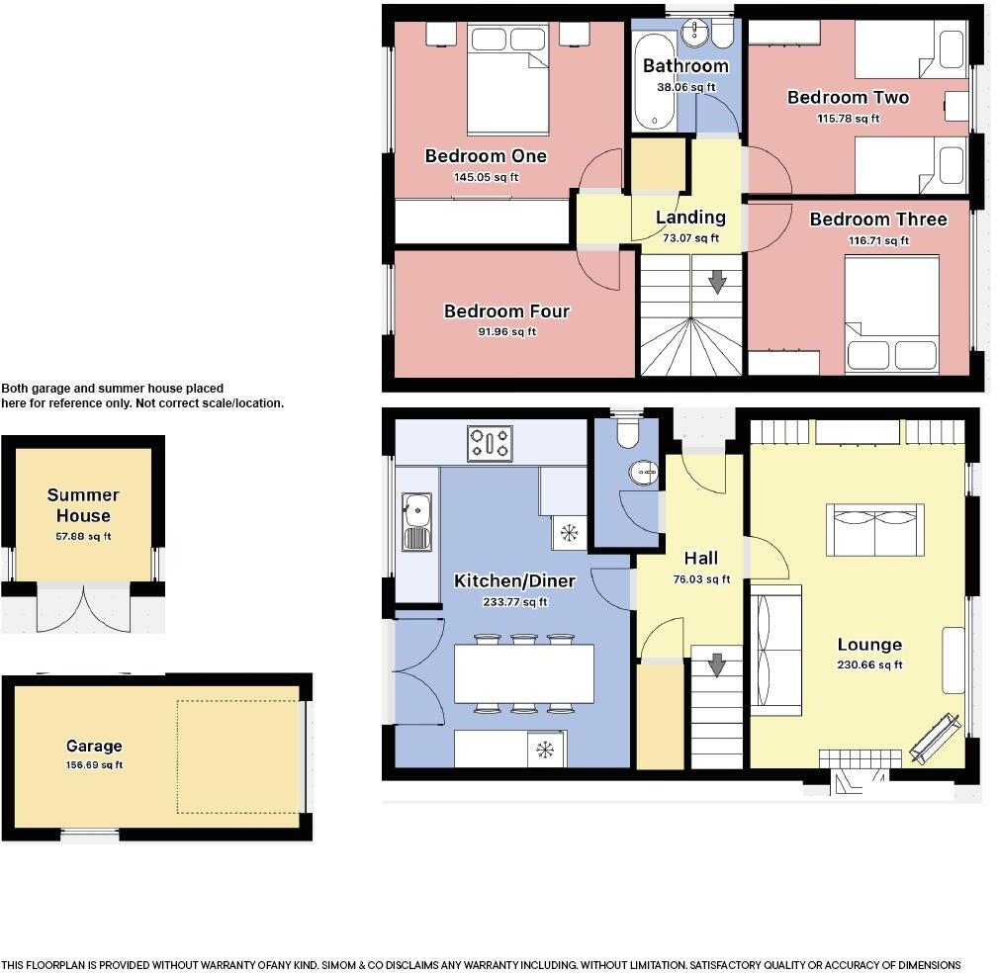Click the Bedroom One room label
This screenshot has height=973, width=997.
[485, 156]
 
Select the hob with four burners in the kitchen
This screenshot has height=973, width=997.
[490, 443]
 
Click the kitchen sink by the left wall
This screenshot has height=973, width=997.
[415, 520]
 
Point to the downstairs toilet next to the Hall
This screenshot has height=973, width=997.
[626, 435]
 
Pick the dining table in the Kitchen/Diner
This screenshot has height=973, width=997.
[524, 672]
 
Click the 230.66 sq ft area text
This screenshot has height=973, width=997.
[869, 665]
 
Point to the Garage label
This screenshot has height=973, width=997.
[94, 747]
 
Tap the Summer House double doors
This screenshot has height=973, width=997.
[84, 608]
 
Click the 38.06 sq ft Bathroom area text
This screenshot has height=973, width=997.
[685, 87]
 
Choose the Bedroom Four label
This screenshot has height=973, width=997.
[506, 311]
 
